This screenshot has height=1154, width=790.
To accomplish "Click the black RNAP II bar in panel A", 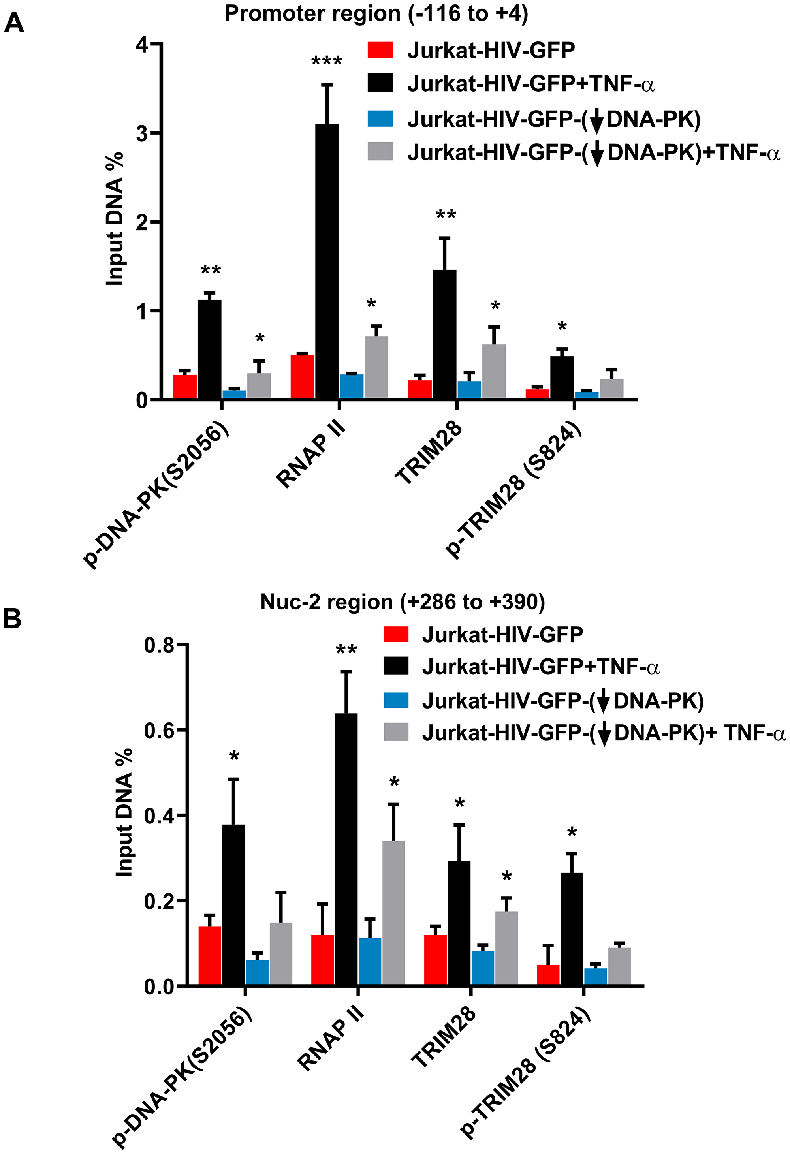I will tap(327, 262).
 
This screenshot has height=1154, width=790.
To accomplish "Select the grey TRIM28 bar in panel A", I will tap(494, 371).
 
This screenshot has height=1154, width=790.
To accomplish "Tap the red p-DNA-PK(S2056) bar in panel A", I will tap(185, 386).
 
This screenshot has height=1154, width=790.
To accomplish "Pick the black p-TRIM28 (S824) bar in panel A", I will tap(562, 378).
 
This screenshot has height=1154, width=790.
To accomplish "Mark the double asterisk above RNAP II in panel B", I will tap(346, 650).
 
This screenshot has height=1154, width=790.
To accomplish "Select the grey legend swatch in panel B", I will tap(396, 732).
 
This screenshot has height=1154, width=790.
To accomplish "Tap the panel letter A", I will tap(13, 23).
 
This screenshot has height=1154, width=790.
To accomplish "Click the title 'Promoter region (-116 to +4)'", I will tap(376, 13).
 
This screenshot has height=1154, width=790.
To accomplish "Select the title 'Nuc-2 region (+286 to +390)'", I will tap(402, 602).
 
